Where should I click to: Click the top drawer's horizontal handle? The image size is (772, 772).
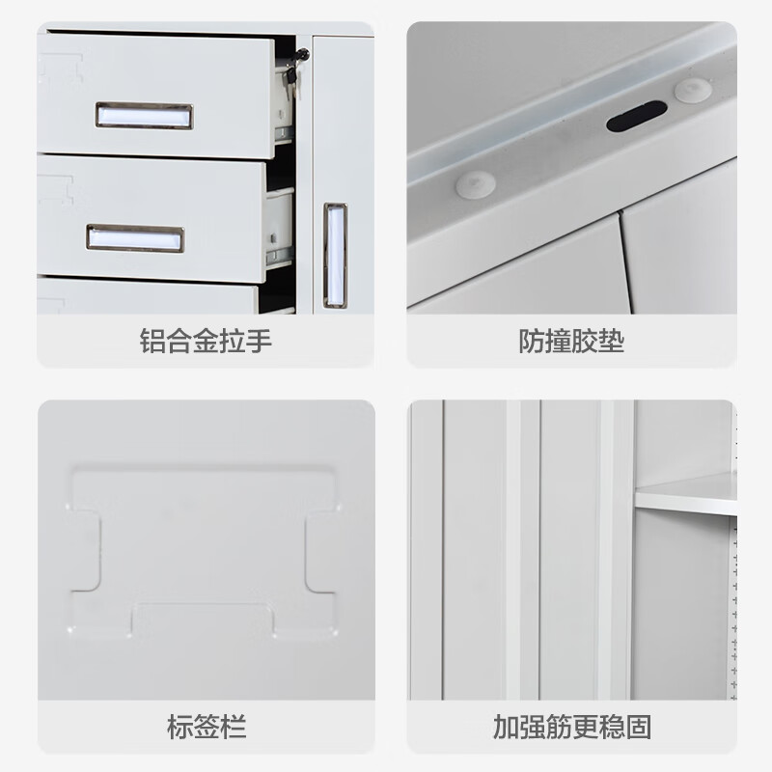(x=144, y=116)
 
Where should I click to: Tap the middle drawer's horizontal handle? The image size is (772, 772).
(x=135, y=238)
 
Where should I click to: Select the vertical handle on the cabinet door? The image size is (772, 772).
(x=335, y=255)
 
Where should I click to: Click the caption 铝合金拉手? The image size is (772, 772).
(x=206, y=342)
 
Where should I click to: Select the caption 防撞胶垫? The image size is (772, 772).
(x=571, y=342)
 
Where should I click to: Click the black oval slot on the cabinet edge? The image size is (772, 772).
(x=636, y=117)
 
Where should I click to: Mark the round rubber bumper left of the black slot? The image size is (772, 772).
(x=475, y=183)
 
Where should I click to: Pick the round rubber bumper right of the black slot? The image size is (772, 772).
(x=692, y=91)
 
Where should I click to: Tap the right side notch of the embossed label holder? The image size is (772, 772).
(x=320, y=550)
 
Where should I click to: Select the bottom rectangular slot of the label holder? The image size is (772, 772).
(x=203, y=619)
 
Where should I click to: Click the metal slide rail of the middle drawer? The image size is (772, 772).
(x=280, y=256)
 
